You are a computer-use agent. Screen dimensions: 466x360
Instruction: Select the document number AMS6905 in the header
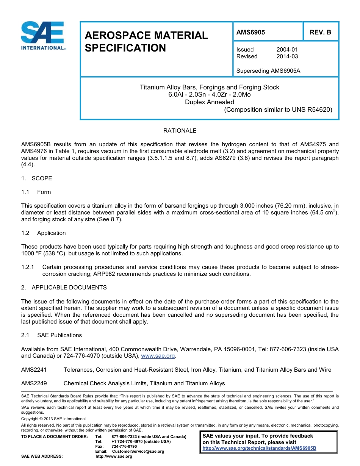[250, 32]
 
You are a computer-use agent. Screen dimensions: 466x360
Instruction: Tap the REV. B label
[320, 32]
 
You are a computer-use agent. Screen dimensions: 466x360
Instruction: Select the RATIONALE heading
[180, 131]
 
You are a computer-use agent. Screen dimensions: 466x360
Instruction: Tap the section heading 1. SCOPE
[37, 178]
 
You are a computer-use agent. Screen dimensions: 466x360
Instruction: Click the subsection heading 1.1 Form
[36, 192]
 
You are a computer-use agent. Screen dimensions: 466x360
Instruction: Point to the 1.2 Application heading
[44, 233]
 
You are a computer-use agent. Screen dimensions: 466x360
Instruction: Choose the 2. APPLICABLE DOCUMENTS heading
[64, 288]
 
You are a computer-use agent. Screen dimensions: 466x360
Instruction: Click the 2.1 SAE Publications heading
[52, 335]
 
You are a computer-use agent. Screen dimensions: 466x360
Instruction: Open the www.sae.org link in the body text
[158, 356]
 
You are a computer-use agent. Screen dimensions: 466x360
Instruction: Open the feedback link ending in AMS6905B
[259, 448]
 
